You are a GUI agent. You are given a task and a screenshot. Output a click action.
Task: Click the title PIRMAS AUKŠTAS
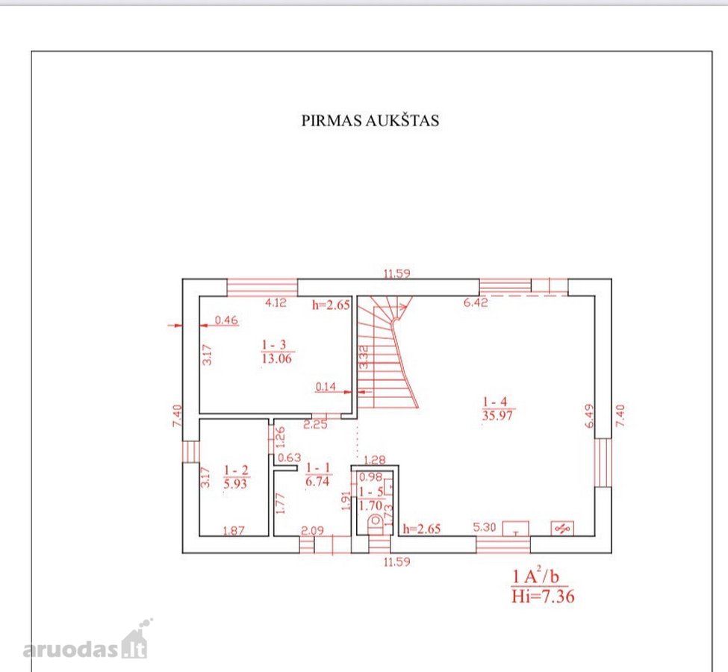coord(370,120)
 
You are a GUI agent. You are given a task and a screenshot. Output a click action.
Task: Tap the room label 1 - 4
coord(495,401)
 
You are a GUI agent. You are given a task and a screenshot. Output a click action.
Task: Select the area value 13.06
coord(277,358)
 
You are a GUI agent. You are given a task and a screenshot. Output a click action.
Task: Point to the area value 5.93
coord(235,484)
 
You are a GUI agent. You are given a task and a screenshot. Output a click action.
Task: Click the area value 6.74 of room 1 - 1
coord(317,482)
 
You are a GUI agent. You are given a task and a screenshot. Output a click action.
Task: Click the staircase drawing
coord(388,352)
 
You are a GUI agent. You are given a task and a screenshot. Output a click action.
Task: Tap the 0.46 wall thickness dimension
coord(226,320)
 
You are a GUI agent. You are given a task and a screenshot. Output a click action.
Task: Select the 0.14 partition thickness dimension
coord(326,386)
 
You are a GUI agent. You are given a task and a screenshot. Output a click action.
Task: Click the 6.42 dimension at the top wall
coord(476,303)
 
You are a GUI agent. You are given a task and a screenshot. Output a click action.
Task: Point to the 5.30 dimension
coord(485,527)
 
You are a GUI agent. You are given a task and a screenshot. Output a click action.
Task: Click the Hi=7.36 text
coord(543,596)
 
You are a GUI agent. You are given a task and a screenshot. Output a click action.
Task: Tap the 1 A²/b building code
coord(535,576)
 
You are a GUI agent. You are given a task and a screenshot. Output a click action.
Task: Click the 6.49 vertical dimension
coord(589,416)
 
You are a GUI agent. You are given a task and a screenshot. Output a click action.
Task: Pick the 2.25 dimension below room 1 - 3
coord(315,424)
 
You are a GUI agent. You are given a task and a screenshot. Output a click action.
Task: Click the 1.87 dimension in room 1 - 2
coord(234,530)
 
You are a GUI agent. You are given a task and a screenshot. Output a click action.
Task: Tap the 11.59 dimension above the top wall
coord(397,273)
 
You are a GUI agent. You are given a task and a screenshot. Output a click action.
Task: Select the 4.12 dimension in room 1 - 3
coord(276,303)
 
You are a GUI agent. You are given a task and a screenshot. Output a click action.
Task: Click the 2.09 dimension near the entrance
coord(312,530)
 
